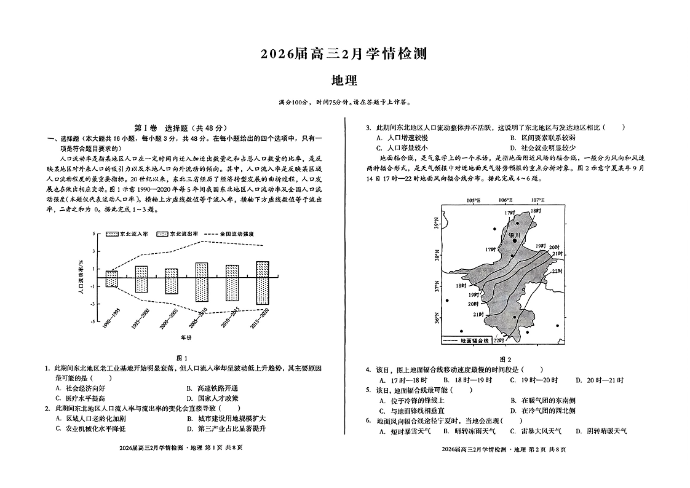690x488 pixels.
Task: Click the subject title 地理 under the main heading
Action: click(x=344, y=80)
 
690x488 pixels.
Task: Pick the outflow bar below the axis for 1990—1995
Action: click(x=111, y=282)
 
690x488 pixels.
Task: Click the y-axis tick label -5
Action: click(x=93, y=321)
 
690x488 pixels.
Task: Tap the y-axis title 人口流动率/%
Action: click(x=81, y=277)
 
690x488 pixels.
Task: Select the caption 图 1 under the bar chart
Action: click(x=181, y=358)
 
